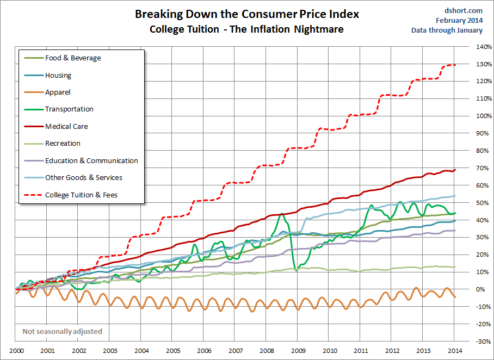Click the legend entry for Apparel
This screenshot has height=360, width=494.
[x=58, y=92]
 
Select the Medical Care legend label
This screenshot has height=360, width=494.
[x=66, y=127]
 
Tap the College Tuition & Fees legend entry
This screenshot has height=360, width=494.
[x=81, y=195]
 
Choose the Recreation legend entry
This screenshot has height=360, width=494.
[x=63, y=144]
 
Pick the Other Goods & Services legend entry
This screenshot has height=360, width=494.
[x=83, y=178]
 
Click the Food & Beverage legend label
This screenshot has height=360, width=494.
[x=73, y=58]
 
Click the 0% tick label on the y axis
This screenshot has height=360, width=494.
[x=481, y=289]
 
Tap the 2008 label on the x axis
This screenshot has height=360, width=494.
[x=267, y=351]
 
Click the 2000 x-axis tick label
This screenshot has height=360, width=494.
[x=16, y=351]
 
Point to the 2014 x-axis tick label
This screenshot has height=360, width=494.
[x=455, y=351]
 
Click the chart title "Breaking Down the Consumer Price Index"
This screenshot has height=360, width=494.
[x=247, y=14]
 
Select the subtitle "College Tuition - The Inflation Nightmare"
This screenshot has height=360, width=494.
[x=246, y=29]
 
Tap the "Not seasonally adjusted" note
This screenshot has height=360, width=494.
[x=62, y=331]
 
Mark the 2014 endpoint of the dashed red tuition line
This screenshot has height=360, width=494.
[x=455, y=65]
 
